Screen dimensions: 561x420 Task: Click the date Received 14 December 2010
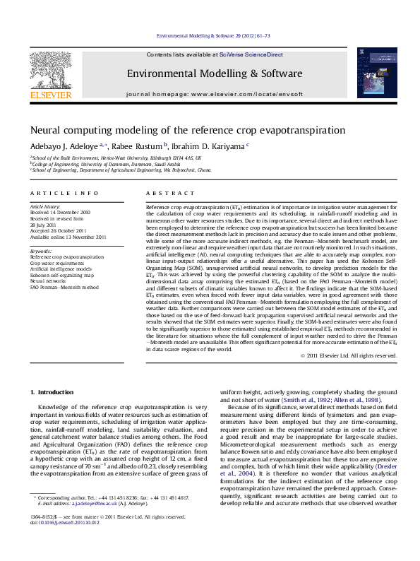(60, 212)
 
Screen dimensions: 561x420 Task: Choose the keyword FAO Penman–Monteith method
(64, 288)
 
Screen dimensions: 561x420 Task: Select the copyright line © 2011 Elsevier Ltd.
(348, 356)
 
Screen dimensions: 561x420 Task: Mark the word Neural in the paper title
(46, 130)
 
